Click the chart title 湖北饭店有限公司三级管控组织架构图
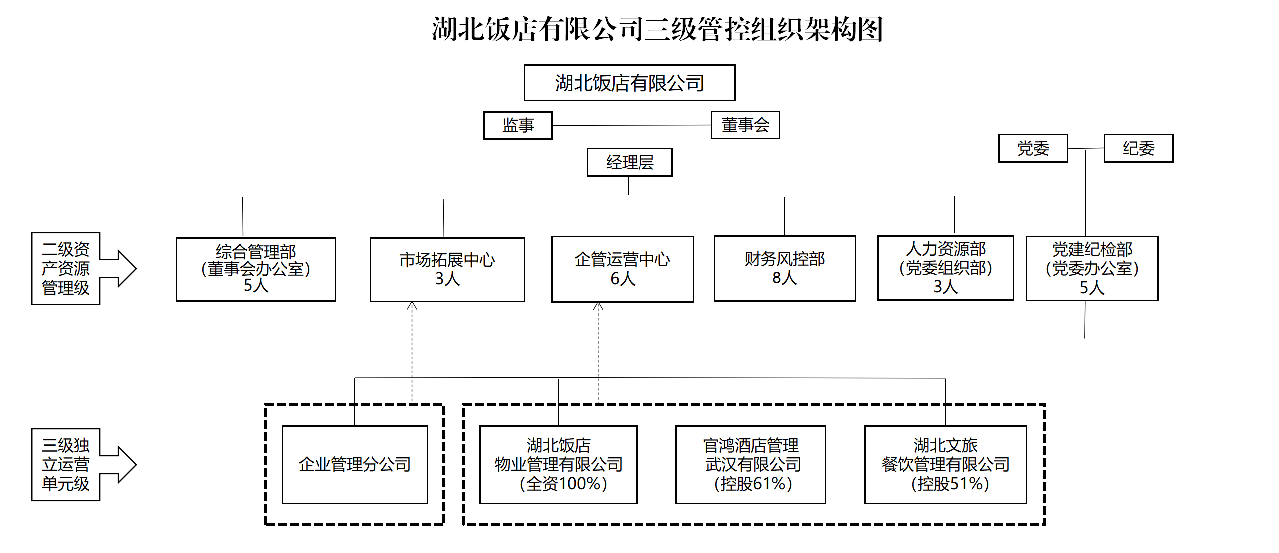(657, 29)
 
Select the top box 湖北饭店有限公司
(630, 83)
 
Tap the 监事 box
(518, 125)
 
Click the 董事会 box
(745, 125)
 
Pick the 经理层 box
(630, 162)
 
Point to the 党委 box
(1033, 148)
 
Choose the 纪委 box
(1138, 148)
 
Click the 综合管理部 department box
(256, 269)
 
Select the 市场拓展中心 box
(447, 269)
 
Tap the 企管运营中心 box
(623, 269)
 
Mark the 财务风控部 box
(785, 268)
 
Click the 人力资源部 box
(945, 268)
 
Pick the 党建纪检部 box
(1092, 268)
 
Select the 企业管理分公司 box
(355, 464)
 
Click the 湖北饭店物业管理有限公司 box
(558, 464)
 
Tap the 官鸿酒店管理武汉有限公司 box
(750, 464)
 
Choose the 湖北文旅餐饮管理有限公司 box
(945, 464)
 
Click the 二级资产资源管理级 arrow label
(66, 268)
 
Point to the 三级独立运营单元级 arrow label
(66, 464)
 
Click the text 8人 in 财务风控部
(784, 278)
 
